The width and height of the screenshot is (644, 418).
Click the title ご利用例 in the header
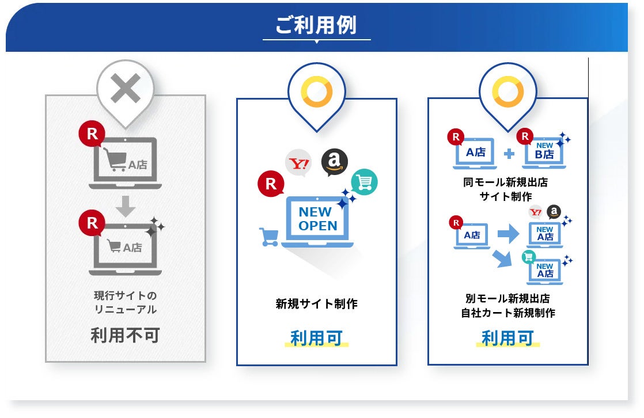pos(316,25)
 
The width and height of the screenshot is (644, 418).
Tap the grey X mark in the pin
pos(125,89)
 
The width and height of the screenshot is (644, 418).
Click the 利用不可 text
pos(125,335)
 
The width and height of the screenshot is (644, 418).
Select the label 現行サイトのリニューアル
pos(125,302)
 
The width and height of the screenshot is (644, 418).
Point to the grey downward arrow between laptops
pos(125,205)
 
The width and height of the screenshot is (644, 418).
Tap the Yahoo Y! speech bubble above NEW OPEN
pos(298,164)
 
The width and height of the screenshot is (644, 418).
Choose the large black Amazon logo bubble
pos(335,162)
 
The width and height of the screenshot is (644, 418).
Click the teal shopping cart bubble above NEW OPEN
pos(365,182)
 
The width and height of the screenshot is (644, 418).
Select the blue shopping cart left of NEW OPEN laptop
pos(269,236)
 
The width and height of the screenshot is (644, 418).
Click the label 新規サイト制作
pos(316,303)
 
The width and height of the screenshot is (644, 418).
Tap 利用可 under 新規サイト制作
pos(316,337)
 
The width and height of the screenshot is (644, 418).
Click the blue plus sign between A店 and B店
pos(509,154)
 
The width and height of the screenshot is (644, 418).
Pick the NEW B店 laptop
pos(544,153)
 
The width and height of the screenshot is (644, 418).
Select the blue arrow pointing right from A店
pos(507,234)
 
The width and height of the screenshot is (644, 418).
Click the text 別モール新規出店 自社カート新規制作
pos(507,306)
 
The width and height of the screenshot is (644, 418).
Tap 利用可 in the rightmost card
pos(507,338)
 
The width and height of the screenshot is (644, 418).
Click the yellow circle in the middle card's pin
pos(317,92)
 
